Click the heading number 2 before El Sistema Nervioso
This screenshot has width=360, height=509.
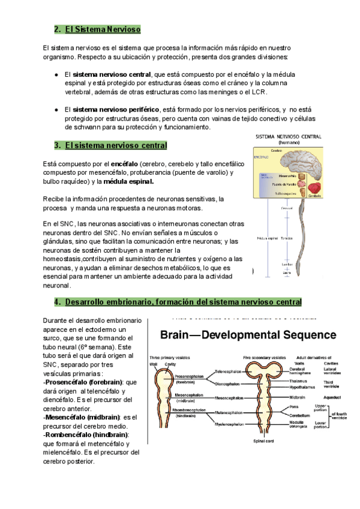pos(56,29)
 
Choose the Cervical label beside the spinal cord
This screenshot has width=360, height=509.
pos(287,208)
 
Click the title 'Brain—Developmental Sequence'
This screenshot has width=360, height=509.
pos(246,334)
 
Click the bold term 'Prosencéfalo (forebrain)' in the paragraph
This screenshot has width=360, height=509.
pos(85,382)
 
